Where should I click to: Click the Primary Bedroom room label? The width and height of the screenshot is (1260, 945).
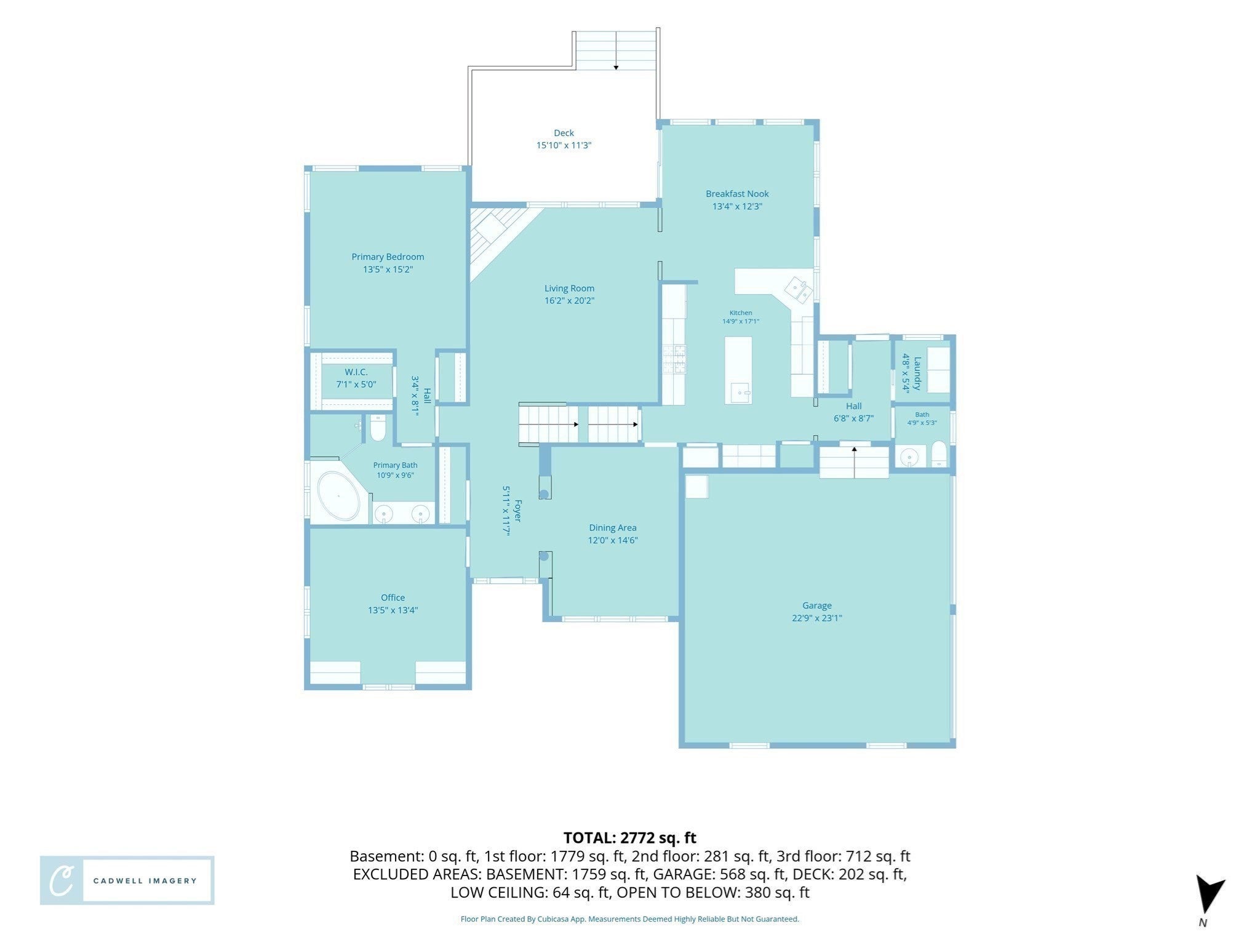tap(388, 257)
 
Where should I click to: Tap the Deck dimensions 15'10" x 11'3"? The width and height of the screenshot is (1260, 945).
tap(564, 145)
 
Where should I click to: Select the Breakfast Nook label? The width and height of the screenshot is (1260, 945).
tap(737, 194)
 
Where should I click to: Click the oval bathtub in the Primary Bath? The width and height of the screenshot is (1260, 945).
tap(338, 496)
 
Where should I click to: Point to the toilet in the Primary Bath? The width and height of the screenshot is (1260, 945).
tap(378, 428)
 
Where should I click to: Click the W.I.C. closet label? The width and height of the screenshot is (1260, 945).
tap(356, 372)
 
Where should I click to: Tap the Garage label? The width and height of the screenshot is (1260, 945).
tap(816, 605)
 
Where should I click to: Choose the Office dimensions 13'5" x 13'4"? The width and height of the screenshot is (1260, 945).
tap(393, 610)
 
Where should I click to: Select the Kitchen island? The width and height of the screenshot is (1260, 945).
tap(738, 370)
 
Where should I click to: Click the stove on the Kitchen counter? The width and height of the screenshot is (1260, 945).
tap(674, 359)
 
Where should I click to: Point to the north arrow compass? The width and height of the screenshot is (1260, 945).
tap(1208, 895)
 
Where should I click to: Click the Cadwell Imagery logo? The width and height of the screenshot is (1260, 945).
tap(127, 880)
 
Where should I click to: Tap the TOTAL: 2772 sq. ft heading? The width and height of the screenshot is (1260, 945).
tap(630, 837)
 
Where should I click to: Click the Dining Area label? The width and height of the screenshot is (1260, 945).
tap(613, 527)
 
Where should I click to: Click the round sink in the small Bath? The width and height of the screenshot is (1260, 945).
tap(909, 458)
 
